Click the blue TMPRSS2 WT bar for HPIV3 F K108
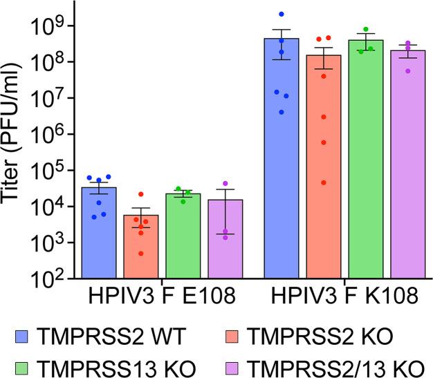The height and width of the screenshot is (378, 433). [x=281, y=158]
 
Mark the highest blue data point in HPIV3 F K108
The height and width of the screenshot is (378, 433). [x=281, y=15]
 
